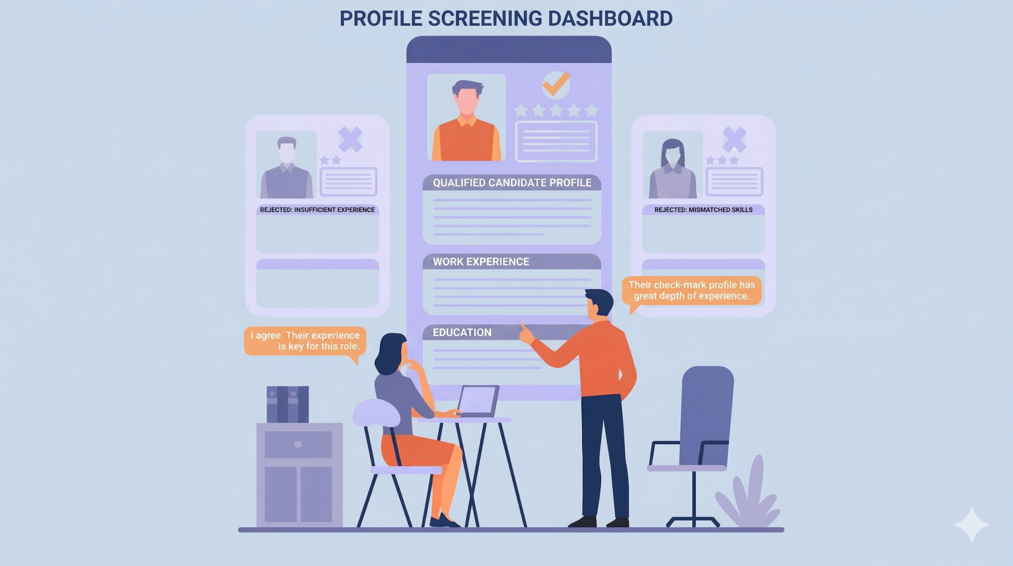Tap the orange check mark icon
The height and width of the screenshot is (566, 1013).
coord(556,84)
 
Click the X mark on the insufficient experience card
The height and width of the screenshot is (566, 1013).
coord(351,139)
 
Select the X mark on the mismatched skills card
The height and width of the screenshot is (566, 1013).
coord(734,139)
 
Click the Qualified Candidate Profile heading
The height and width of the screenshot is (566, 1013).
coord(512,183)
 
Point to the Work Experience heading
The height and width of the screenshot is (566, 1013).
coord(481,261)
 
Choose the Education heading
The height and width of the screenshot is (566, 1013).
coord(462,332)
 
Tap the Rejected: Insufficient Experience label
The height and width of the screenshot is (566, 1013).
coord(317,210)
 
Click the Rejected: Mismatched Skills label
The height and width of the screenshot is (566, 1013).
coord(703,210)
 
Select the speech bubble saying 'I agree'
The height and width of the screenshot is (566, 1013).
coord(305,341)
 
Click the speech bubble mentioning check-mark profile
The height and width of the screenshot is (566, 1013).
coord(691,290)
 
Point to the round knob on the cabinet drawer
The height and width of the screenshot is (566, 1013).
coord(298,444)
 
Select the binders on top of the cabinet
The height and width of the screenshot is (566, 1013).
coord(288,404)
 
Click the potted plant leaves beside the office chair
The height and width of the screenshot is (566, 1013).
coord(748,499)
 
